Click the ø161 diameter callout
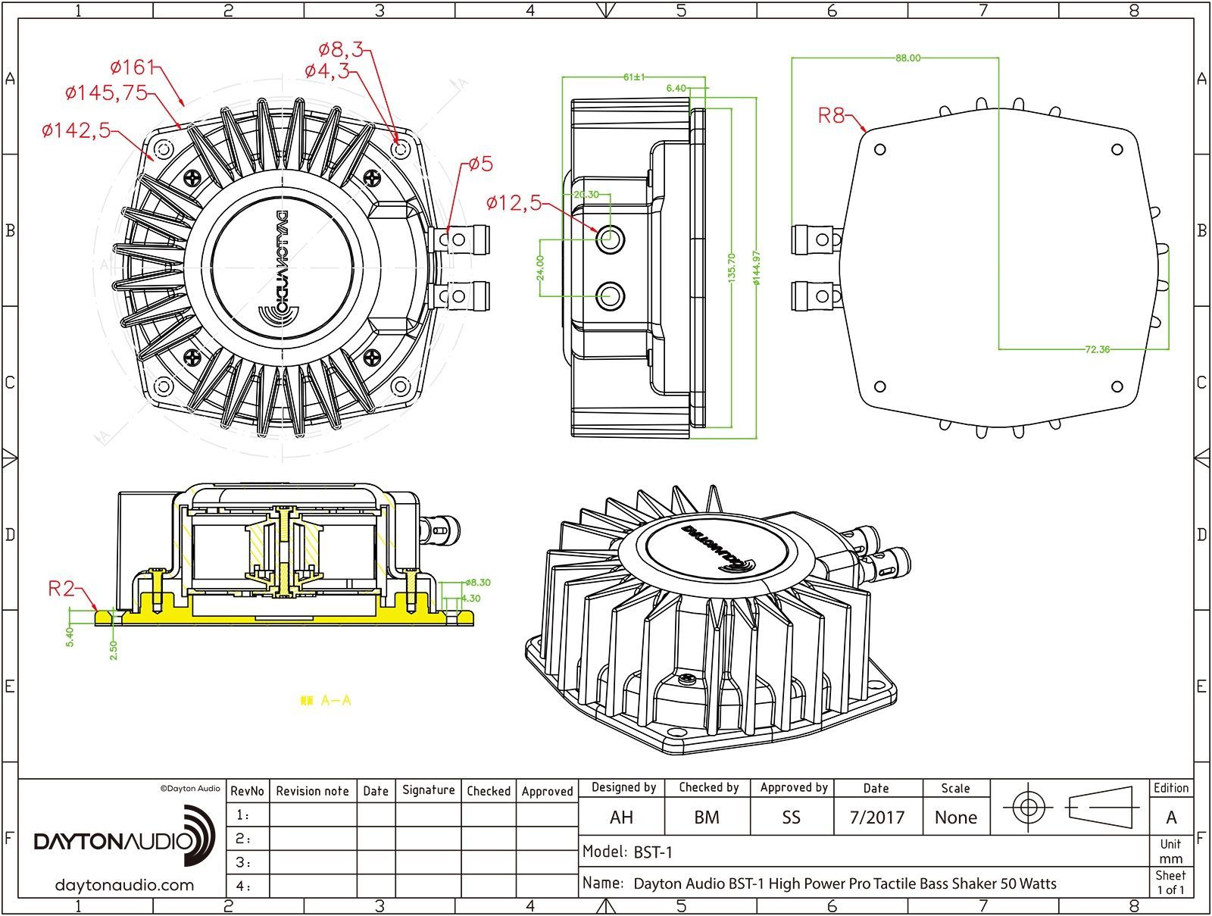[132, 67]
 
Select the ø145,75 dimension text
[106, 92]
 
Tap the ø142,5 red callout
[76, 130]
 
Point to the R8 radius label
[831, 115]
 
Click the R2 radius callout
[61, 588]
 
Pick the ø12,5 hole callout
[514, 203]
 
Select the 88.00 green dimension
[907, 58]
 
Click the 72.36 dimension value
[1097, 349]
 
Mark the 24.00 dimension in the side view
[540, 267]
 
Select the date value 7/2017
[876, 818]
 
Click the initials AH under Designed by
[621, 818]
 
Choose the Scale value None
[955, 818]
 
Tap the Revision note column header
[312, 791]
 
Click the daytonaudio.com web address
[124, 885]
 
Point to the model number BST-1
[652, 852]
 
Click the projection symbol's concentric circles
[1028, 807]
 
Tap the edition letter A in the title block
[1170, 818]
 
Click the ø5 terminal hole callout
[480, 164]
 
